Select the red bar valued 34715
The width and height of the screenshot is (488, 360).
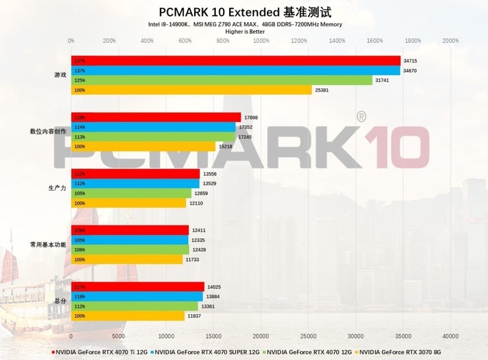click(x=236, y=61)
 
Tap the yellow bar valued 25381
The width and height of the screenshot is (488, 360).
click(x=191, y=90)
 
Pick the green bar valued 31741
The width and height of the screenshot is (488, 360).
click(x=221, y=81)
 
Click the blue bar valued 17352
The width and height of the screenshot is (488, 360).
click(x=153, y=127)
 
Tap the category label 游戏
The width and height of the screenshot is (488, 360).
click(x=59, y=75)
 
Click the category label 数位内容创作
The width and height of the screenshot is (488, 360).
click(x=48, y=131)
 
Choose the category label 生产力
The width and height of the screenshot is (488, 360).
click(x=57, y=188)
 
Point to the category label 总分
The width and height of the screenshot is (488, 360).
click(x=59, y=301)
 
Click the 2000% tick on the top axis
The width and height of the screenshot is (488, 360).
click(x=450, y=41)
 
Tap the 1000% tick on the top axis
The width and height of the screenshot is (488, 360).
click(x=260, y=41)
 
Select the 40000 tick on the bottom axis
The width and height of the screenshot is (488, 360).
click(x=450, y=336)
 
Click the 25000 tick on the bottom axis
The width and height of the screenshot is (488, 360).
click(x=308, y=336)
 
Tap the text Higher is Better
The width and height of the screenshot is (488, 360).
click(x=245, y=32)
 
